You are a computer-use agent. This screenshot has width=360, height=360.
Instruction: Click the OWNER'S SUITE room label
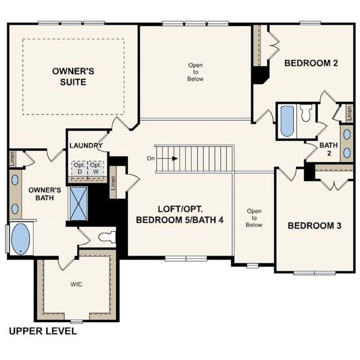[x=73, y=76]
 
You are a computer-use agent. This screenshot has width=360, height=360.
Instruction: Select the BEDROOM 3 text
[x=314, y=226]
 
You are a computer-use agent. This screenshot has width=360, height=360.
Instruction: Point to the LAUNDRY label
[x=86, y=146]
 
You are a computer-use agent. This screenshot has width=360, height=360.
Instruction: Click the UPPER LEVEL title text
[x=43, y=331]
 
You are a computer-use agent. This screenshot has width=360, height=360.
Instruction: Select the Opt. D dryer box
[x=79, y=168]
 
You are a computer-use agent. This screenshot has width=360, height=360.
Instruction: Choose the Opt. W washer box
[x=95, y=168]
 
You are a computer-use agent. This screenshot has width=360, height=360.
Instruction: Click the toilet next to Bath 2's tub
[x=306, y=113]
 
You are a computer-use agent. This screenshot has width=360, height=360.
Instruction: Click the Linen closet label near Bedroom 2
[x=346, y=112]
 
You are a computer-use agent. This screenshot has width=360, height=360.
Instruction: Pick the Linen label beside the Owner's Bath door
[x=12, y=158]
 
